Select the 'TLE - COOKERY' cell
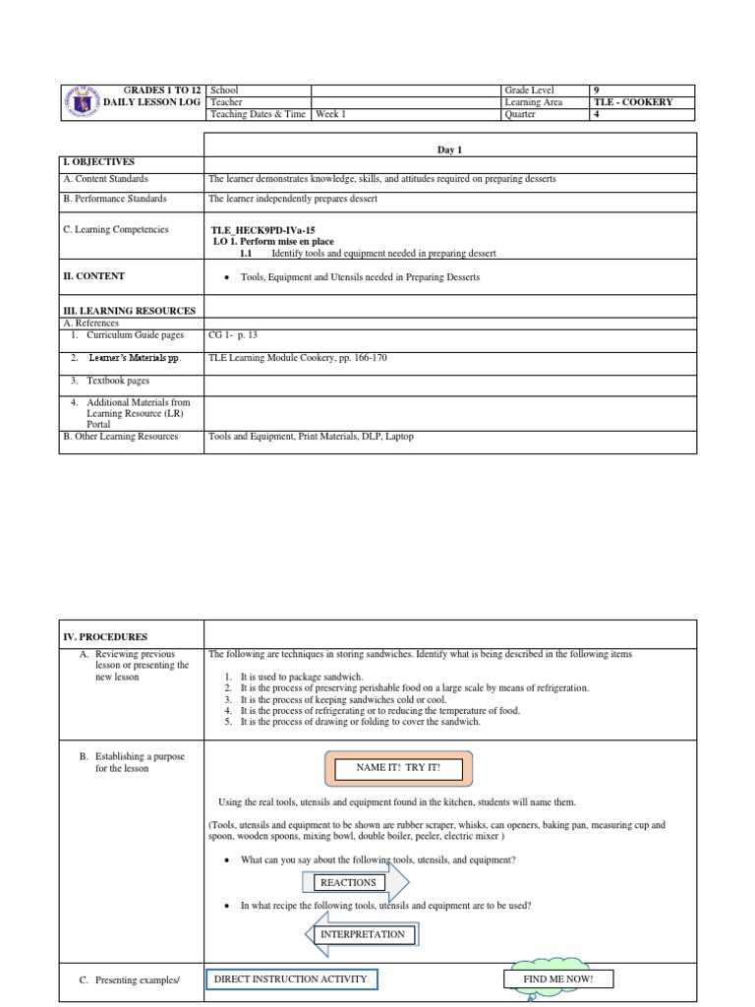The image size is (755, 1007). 633,102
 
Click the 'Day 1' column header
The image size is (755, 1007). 449,148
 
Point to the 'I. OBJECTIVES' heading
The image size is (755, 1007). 98,161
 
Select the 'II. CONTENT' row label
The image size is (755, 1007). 93,276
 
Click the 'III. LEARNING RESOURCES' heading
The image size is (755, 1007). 129,311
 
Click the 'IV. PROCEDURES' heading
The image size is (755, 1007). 105,636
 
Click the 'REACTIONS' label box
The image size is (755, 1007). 348,882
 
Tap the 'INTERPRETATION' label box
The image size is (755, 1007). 363,934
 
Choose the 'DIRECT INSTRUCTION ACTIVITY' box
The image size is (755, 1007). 292,978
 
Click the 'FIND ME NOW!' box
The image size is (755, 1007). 557,978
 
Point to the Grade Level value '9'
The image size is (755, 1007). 597,90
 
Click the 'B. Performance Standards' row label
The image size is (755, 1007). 114,199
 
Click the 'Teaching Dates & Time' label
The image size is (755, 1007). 258,115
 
